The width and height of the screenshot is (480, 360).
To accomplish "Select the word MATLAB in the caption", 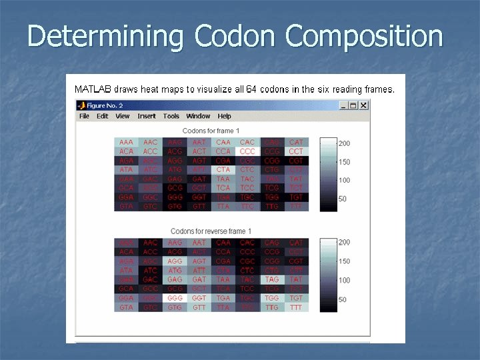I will [93, 89].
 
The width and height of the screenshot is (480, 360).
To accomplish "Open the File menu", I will [84, 116].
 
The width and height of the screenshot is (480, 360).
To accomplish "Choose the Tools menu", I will [171, 116].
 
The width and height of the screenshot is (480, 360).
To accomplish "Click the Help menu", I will [224, 116].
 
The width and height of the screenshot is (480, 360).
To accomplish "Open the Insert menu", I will [147, 116].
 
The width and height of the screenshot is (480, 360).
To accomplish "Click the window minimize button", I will [343, 105].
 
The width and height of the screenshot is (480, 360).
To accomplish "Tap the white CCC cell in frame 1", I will [247, 151].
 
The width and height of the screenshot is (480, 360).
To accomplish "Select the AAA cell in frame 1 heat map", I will [126, 143].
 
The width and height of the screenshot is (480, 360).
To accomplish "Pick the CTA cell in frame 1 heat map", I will [223, 170].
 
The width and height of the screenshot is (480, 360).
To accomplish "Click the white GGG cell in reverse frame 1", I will [175, 298].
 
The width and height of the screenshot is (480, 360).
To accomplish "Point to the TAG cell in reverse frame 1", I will [272, 280].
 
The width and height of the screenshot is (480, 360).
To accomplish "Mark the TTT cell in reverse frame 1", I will [296, 307].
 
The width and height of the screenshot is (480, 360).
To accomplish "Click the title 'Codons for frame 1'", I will [211, 131].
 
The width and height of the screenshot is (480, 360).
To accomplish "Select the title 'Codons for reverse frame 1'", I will [211, 231].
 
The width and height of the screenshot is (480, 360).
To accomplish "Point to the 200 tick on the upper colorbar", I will [344, 143].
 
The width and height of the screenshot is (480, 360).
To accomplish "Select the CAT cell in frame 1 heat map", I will [296, 143].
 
